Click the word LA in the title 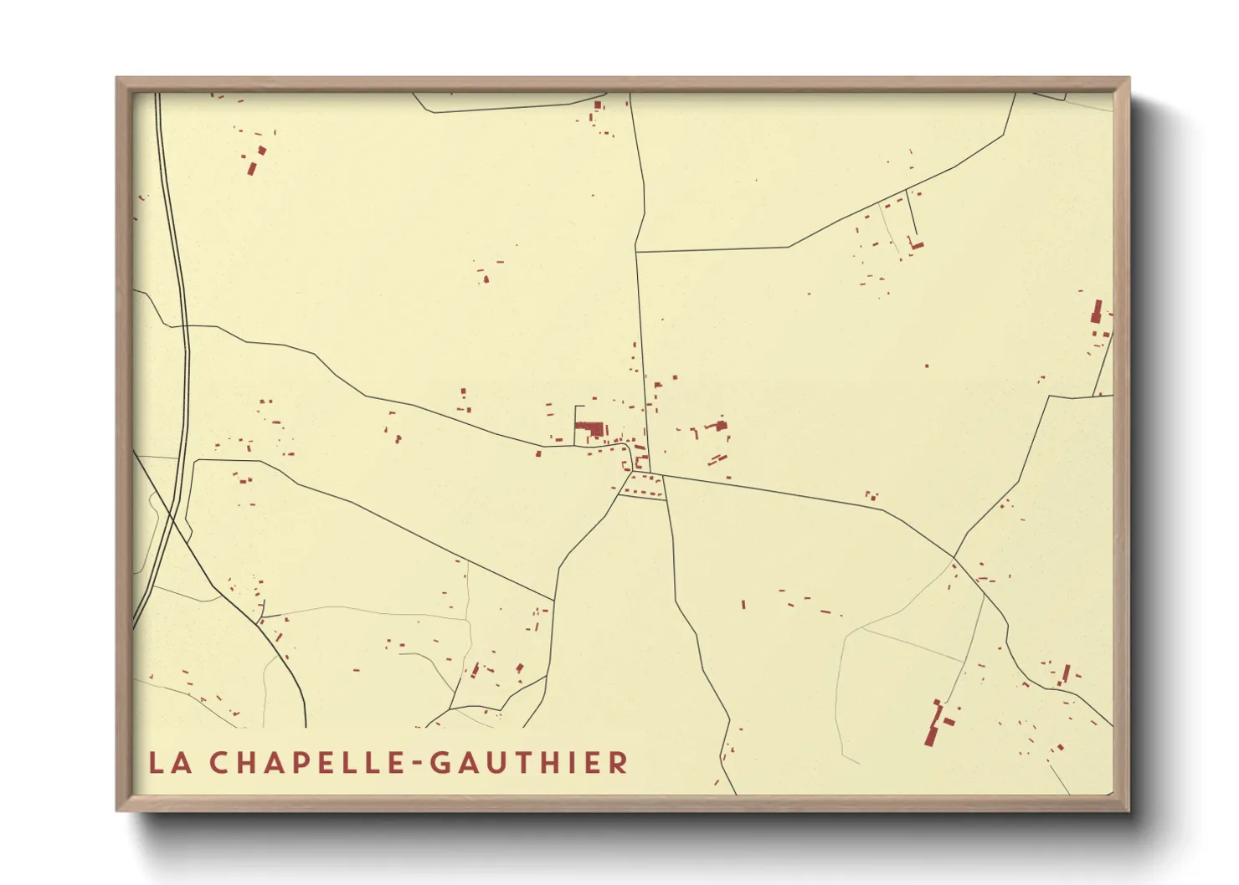(x=168, y=763)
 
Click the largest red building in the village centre (x=590, y=430)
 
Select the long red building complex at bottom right (x=935, y=724)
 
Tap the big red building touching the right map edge (x=1097, y=312)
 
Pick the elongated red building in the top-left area (x=251, y=167)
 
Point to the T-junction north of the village (x=637, y=250)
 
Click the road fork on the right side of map (x=954, y=556)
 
